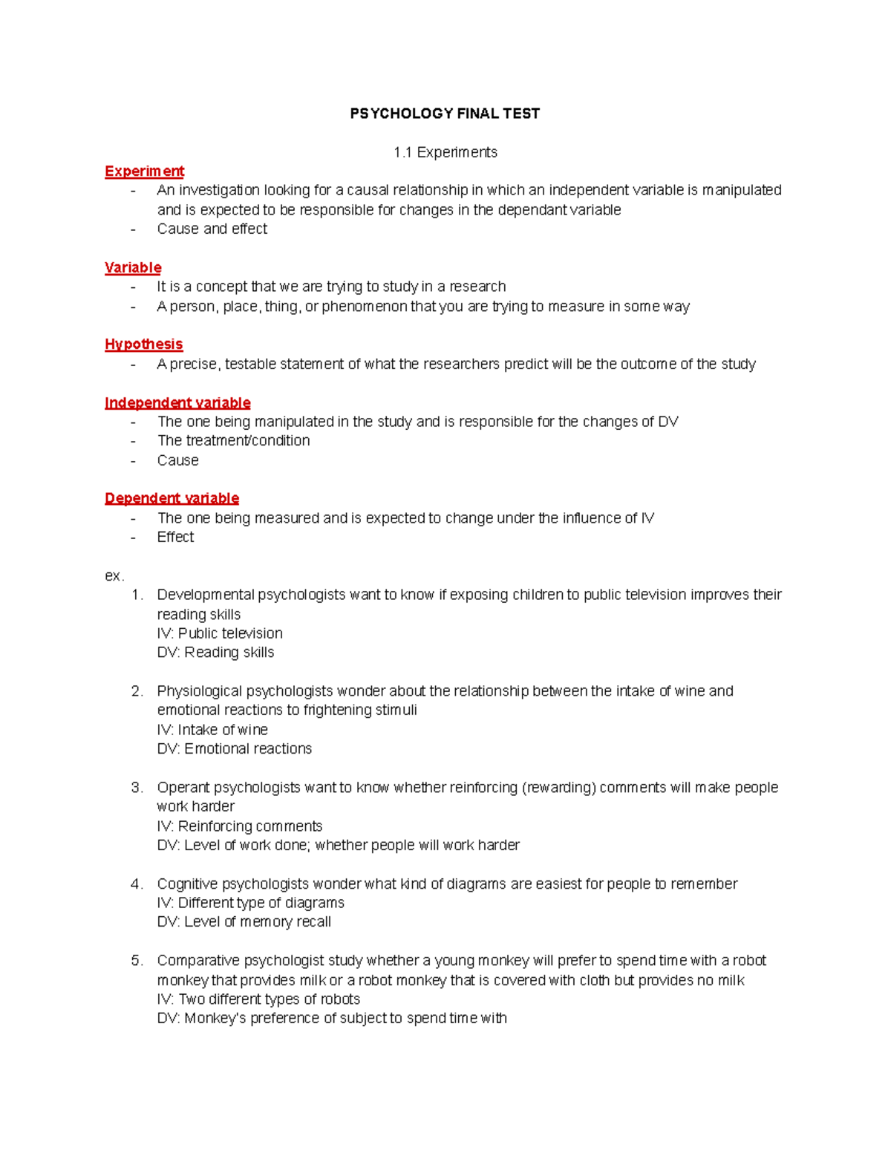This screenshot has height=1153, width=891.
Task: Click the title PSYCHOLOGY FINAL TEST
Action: pyautogui.click(x=445, y=114)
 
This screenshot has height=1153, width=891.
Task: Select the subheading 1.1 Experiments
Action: pyautogui.click(x=445, y=152)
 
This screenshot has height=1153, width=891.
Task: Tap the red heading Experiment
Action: pyautogui.click(x=144, y=172)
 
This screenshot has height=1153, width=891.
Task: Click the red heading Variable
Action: pyautogui.click(x=133, y=268)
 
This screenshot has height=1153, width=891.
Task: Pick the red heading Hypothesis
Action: pyautogui.click(x=143, y=344)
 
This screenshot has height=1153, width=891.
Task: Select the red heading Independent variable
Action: pyautogui.click(x=177, y=403)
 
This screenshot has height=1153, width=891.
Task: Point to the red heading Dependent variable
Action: pyautogui.click(x=172, y=498)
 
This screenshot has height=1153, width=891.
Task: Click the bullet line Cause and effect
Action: pyautogui.click(x=212, y=229)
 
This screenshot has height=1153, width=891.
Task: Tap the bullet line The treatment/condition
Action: pyautogui.click(x=233, y=441)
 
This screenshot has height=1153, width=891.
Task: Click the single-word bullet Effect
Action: pyautogui.click(x=175, y=538)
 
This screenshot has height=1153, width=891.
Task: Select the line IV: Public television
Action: pyautogui.click(x=220, y=633)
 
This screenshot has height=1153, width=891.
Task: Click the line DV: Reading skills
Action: pyautogui.click(x=215, y=653)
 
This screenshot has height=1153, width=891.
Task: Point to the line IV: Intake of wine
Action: pyautogui.click(x=212, y=730)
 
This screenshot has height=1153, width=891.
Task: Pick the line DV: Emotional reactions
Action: pyautogui.click(x=234, y=749)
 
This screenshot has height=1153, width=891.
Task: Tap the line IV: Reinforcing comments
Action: pyautogui.click(x=239, y=826)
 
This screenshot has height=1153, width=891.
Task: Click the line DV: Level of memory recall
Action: pyautogui.click(x=244, y=922)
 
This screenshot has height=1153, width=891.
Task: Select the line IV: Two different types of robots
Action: pyautogui.click(x=258, y=999)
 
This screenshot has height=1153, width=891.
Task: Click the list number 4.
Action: pyautogui.click(x=137, y=884)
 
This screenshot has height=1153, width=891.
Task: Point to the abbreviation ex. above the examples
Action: pyautogui.click(x=114, y=576)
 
